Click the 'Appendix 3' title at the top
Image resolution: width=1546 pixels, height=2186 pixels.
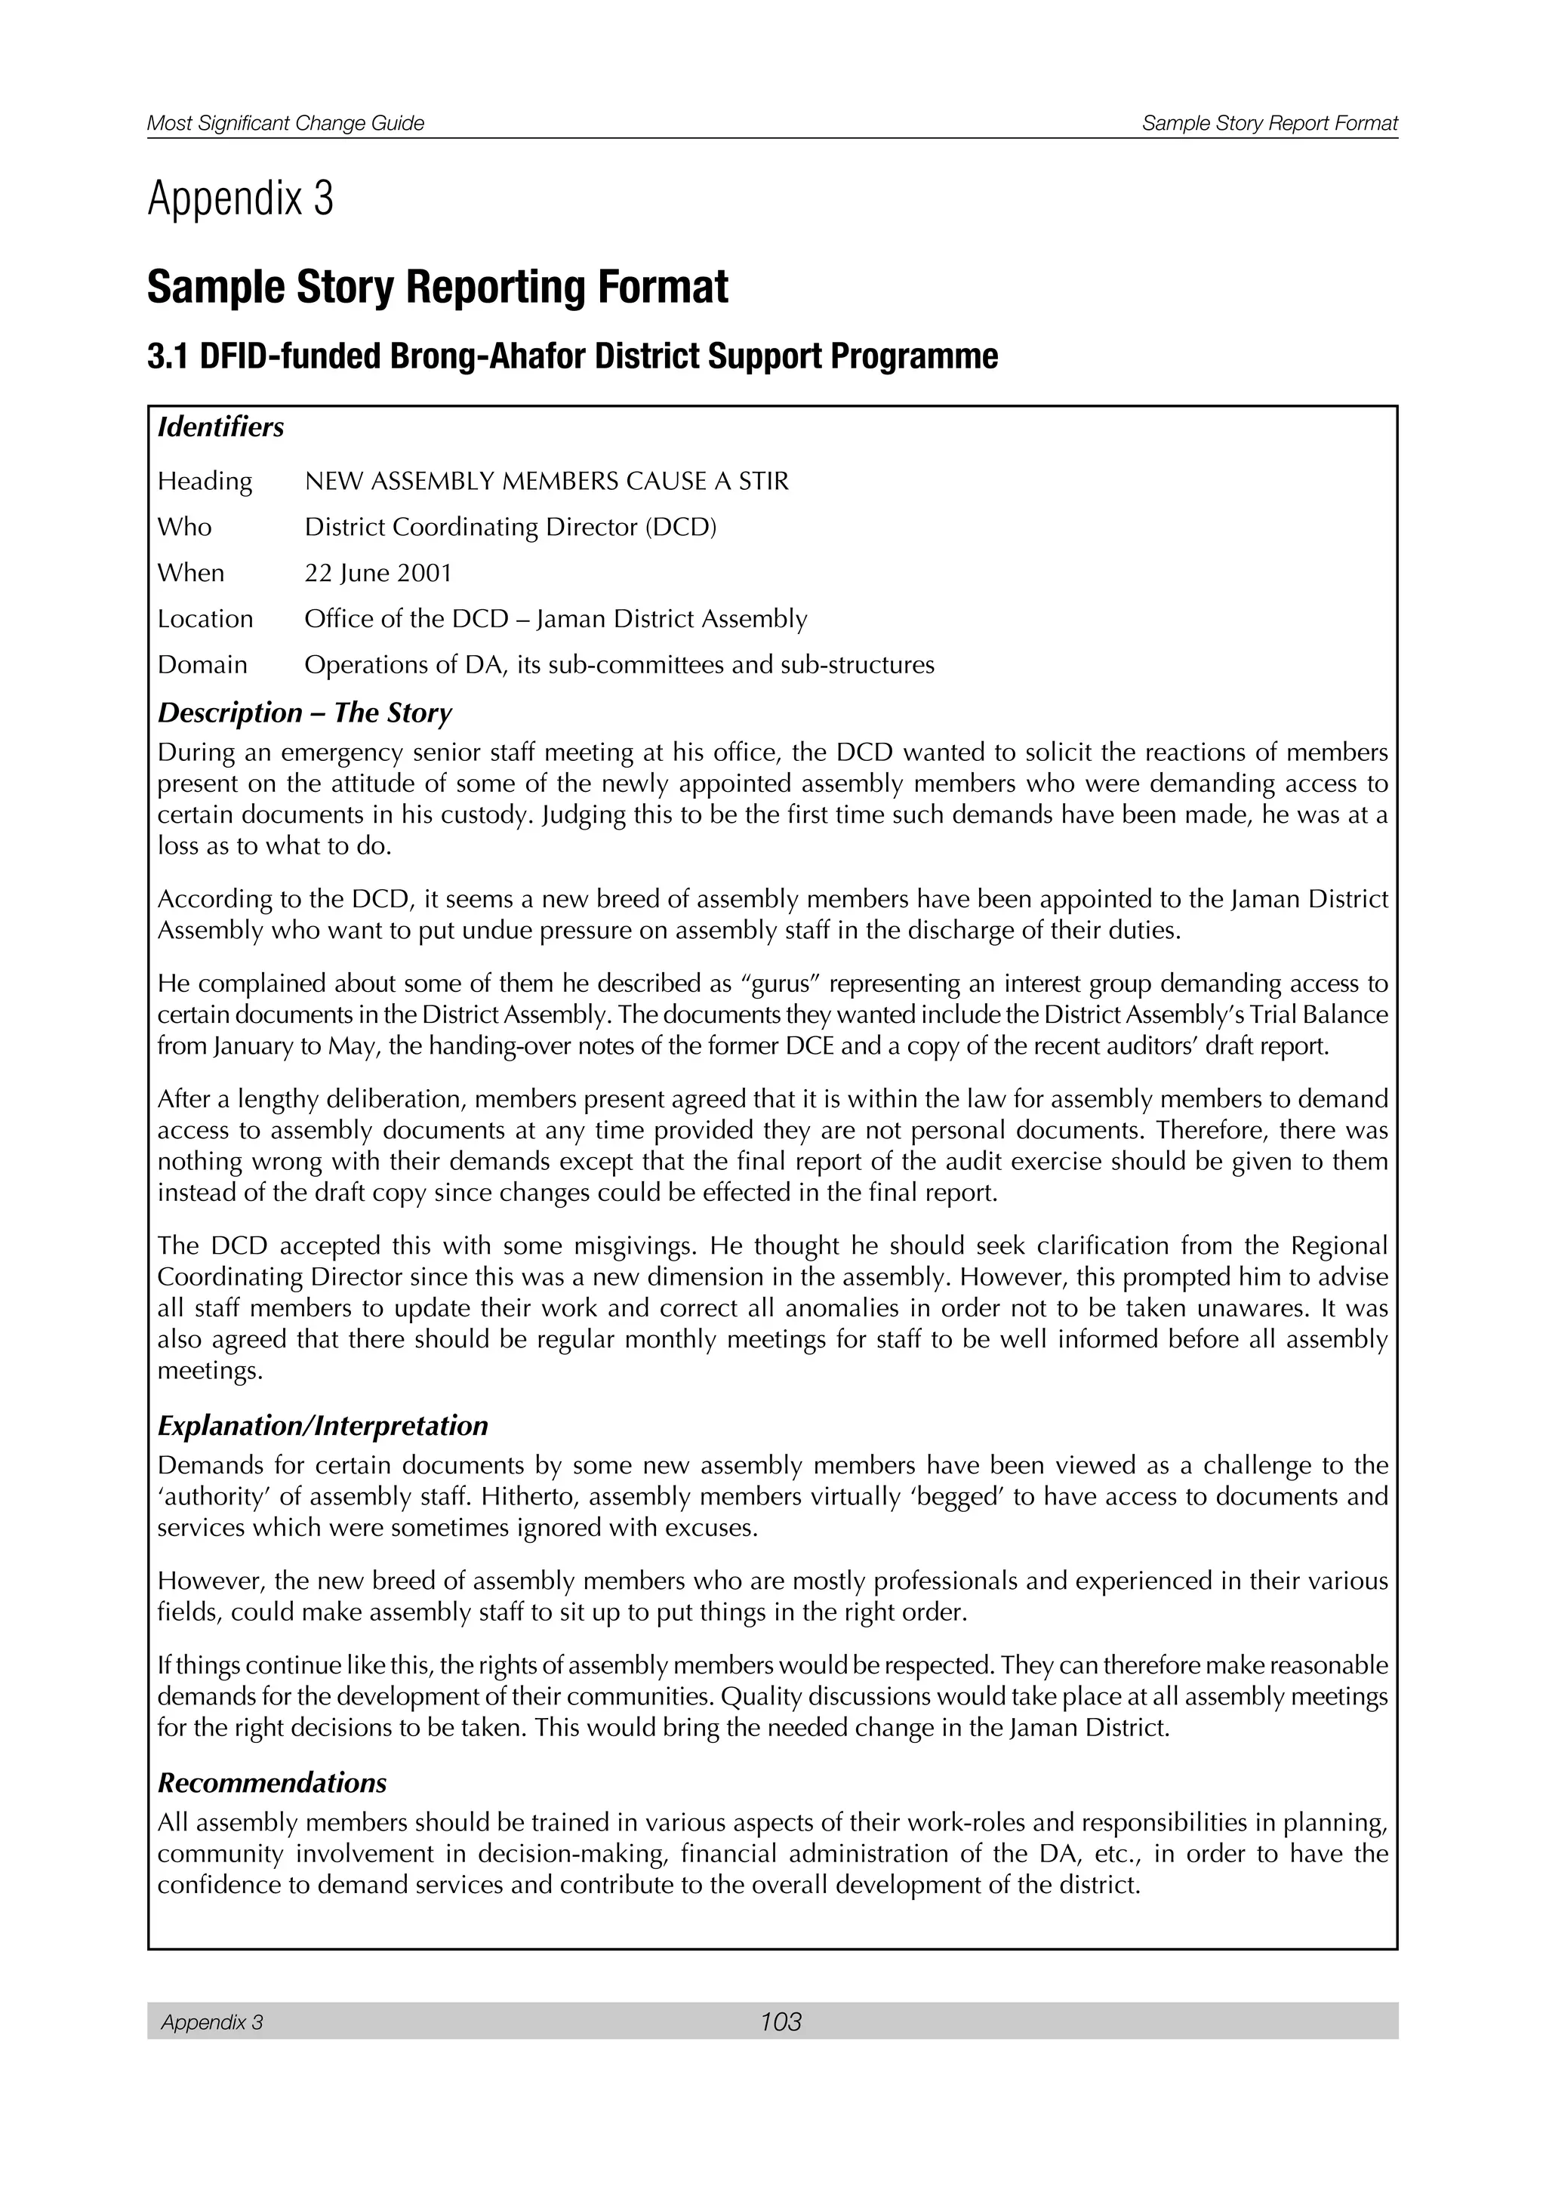(240, 199)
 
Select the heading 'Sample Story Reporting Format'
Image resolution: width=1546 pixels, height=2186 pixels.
(438, 288)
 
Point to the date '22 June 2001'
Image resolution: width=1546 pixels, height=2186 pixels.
(378, 573)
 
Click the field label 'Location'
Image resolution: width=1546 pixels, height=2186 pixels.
(205, 619)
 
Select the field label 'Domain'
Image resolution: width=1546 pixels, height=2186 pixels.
(202, 664)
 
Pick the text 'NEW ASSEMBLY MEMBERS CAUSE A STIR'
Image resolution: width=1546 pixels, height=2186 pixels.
(547, 482)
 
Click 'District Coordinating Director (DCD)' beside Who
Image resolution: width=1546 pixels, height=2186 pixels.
(510, 528)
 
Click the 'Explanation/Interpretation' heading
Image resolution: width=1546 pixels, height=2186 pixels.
(323, 1425)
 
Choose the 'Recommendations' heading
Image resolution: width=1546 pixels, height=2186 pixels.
(273, 1781)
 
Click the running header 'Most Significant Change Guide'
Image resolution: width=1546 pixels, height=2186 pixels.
(285, 124)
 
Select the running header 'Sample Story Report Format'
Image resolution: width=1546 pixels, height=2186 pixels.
(1270, 124)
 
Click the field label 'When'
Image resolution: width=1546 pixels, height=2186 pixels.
(190, 573)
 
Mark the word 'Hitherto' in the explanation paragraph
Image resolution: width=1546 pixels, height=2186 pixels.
(528, 1498)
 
